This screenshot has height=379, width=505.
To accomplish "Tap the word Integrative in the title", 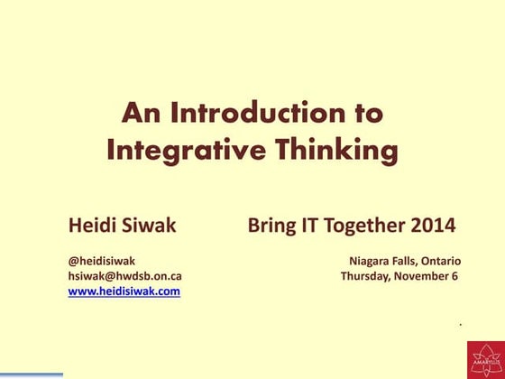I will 179,150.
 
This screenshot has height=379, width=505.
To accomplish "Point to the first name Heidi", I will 92,224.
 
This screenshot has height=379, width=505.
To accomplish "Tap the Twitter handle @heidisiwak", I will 102,260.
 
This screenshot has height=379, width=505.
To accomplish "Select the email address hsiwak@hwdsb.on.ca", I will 125,275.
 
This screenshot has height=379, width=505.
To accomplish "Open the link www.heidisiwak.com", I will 124,291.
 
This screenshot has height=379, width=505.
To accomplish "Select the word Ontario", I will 441,260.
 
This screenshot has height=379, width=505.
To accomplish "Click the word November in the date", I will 423,275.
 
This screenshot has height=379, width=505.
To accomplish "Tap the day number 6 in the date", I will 455,275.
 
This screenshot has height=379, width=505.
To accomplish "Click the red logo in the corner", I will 486,360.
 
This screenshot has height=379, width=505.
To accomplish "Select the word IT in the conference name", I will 308,224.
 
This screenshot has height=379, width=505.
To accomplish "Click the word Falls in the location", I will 407,260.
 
